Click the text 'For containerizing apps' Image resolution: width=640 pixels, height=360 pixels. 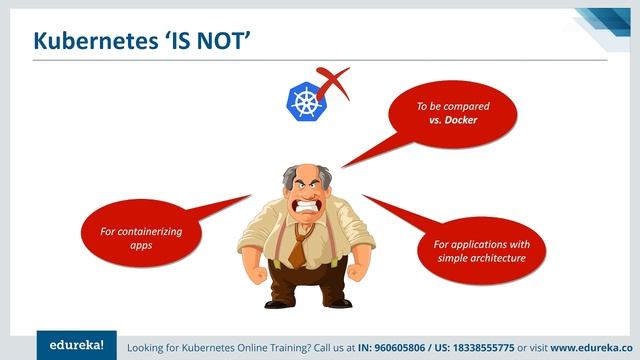pos(140,238)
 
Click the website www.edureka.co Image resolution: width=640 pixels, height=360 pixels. pos(600,346)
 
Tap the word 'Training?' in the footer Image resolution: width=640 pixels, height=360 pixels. pos(293,346)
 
